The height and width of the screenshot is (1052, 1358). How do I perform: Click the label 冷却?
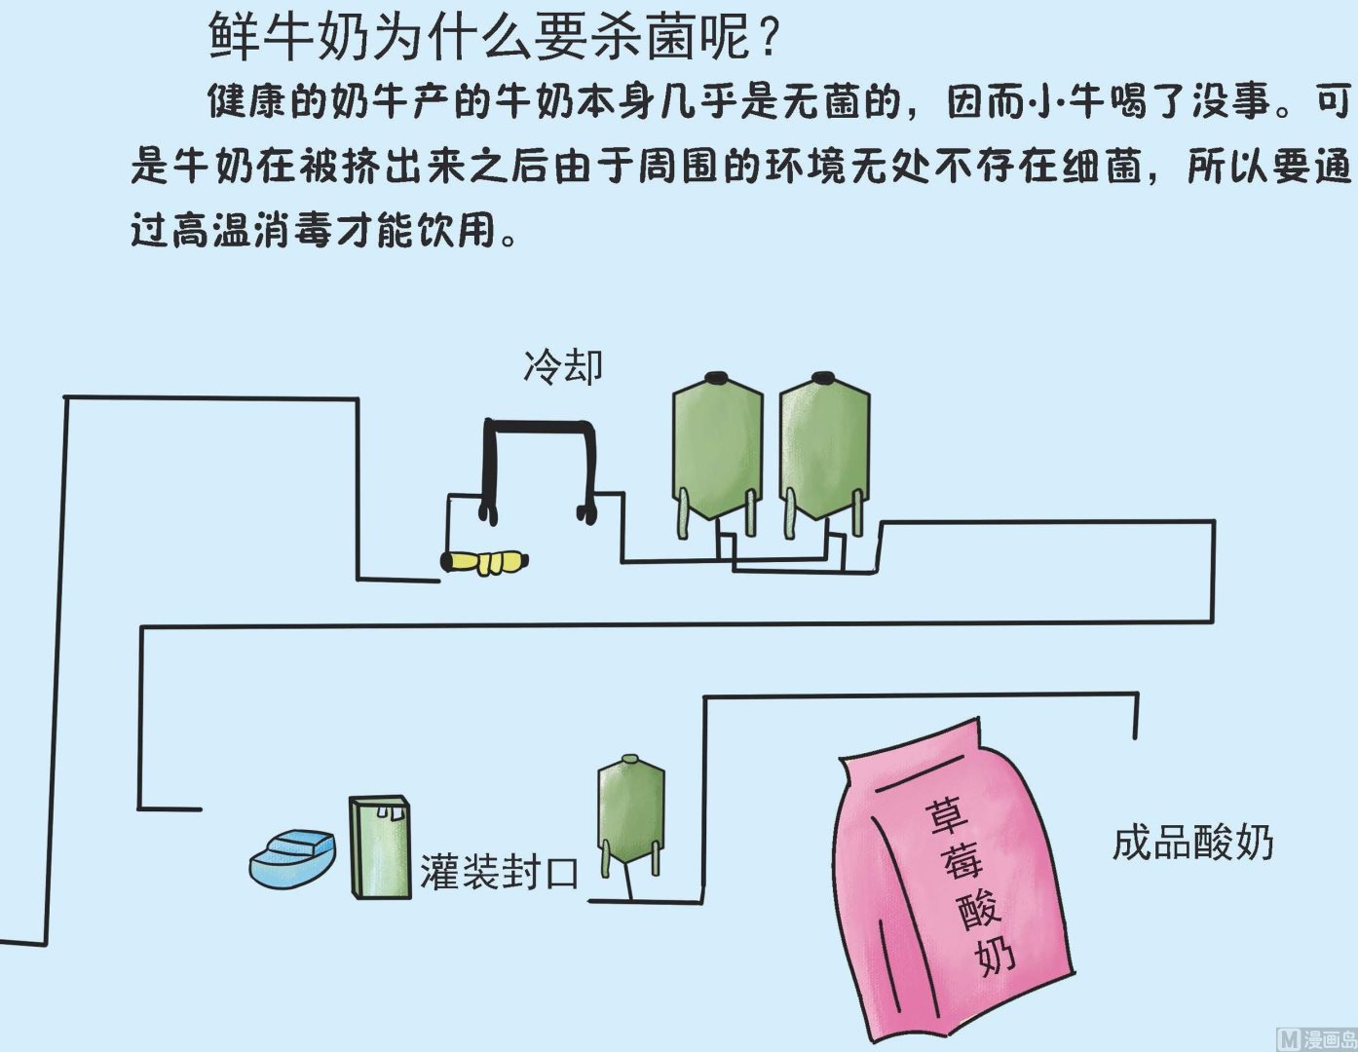tap(563, 367)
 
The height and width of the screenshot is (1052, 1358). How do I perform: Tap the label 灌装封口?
tap(500, 872)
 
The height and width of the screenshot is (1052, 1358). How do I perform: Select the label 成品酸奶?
tap(1192, 843)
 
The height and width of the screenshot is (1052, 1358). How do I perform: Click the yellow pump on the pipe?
tap(485, 562)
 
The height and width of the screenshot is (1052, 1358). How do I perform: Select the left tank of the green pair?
tap(717, 448)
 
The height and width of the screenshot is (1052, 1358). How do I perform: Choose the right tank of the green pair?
tap(824, 448)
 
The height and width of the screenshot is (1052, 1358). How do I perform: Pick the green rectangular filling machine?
tap(380, 847)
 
